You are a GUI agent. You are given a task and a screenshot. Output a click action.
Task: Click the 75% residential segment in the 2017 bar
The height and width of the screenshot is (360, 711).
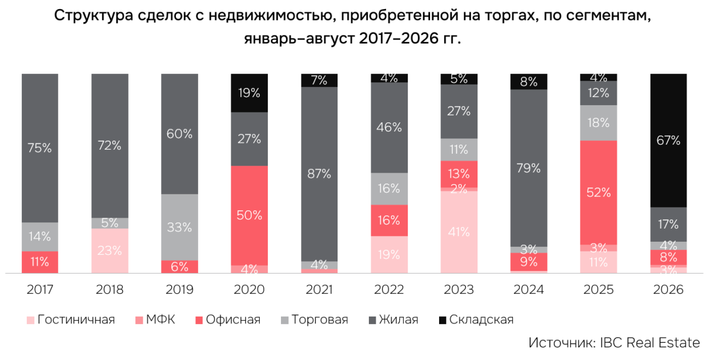[x=40, y=148]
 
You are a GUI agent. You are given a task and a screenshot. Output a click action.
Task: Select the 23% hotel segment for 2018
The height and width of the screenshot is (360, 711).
[x=110, y=251]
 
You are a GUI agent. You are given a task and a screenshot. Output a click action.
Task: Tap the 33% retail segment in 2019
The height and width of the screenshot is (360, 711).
[x=180, y=227]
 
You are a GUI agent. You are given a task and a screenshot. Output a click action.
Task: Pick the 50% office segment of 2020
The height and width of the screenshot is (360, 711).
[x=250, y=215]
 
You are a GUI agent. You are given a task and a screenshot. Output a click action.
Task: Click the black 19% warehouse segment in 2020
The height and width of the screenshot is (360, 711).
[x=250, y=93]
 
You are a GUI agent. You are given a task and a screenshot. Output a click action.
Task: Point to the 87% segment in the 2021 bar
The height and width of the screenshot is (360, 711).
[x=319, y=174]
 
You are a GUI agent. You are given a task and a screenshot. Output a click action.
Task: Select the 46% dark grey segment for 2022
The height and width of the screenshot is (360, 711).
[x=389, y=128]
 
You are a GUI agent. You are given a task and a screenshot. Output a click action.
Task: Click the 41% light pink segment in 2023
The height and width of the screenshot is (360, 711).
[x=459, y=232]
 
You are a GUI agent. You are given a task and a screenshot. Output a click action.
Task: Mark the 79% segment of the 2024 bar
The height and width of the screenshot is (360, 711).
[x=529, y=168]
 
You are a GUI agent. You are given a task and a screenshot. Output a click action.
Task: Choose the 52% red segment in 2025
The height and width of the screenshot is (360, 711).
[x=598, y=193]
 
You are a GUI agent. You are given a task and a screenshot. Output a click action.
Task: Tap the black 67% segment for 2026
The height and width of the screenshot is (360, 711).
[x=669, y=141]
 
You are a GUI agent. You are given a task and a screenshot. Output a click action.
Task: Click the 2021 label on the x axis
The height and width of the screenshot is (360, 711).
[x=319, y=290]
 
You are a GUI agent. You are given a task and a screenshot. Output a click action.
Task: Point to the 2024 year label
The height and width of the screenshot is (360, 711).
[x=529, y=290]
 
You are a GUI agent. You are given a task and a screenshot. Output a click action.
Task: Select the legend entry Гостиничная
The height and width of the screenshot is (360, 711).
[x=71, y=319]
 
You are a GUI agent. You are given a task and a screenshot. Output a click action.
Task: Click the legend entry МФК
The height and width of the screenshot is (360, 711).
[x=155, y=319]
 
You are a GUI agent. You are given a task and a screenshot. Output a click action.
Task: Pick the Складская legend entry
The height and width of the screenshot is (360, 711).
[x=476, y=319]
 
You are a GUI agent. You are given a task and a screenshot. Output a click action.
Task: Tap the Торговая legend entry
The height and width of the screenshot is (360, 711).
[x=315, y=319]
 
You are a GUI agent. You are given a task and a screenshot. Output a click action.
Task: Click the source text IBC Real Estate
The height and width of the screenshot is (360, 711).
[x=650, y=343]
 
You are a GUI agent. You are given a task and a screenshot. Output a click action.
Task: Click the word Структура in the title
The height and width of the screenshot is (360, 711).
[x=93, y=15]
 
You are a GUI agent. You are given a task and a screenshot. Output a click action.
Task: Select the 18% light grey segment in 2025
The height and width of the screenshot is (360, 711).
[x=598, y=123]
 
